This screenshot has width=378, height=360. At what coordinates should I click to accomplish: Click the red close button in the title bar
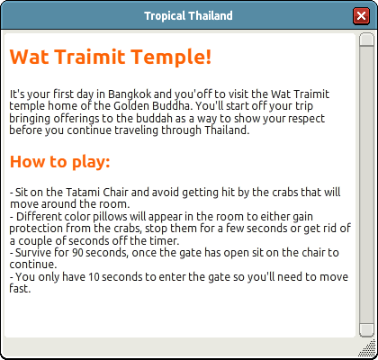pyautogui.click(x=361, y=15)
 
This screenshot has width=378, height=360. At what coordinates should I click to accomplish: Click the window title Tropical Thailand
pyautogui.click(x=188, y=15)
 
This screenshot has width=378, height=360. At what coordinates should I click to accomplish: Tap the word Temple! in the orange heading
pyautogui.click(x=171, y=58)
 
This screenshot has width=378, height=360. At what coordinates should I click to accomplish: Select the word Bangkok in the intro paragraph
pyautogui.click(x=130, y=94)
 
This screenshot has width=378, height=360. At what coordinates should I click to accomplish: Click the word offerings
pyautogui.click(x=76, y=119)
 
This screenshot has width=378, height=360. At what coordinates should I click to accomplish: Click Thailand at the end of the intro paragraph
pyautogui.click(x=227, y=130)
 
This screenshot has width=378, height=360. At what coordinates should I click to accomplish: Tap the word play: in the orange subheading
pyautogui.click(x=91, y=162)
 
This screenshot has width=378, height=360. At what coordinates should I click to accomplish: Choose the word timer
pyautogui.click(x=166, y=240)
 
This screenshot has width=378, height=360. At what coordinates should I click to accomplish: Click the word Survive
pyautogui.click(x=33, y=253)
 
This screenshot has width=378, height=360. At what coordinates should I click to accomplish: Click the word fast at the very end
pyautogui.click(x=20, y=289)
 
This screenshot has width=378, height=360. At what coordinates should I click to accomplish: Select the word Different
pyautogui.click(x=40, y=217)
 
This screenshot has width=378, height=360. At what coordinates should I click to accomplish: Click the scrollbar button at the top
pyautogui.click(x=366, y=40)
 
